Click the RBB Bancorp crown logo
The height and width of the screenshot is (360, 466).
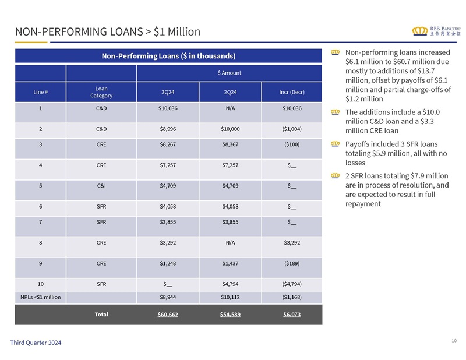click(419, 31)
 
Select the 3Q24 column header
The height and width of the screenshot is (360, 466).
click(168, 92)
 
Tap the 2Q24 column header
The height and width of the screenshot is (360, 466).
click(230, 92)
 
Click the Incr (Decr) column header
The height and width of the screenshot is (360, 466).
click(292, 92)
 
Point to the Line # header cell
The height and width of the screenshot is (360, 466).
click(40, 92)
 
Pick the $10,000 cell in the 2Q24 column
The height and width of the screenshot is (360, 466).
click(230, 129)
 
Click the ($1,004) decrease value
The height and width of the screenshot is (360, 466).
click(292, 129)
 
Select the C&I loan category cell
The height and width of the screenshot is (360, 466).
click(101, 186)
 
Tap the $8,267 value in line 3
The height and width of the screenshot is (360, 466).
click(168, 144)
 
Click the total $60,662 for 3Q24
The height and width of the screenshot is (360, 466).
click(168, 315)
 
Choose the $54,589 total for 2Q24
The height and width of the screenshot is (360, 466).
click(230, 315)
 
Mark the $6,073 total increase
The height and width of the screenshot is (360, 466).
click(292, 315)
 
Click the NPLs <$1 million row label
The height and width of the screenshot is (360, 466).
click(40, 297)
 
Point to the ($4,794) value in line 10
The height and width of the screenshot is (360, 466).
click(292, 284)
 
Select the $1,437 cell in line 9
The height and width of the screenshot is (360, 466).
click(230, 263)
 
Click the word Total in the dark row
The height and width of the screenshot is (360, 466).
click(101, 314)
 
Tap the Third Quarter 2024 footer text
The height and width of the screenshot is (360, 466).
click(36, 343)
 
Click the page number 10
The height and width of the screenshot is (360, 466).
click(454, 341)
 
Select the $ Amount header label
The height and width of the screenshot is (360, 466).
click(230, 73)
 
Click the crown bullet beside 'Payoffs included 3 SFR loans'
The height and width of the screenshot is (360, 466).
click(336, 144)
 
